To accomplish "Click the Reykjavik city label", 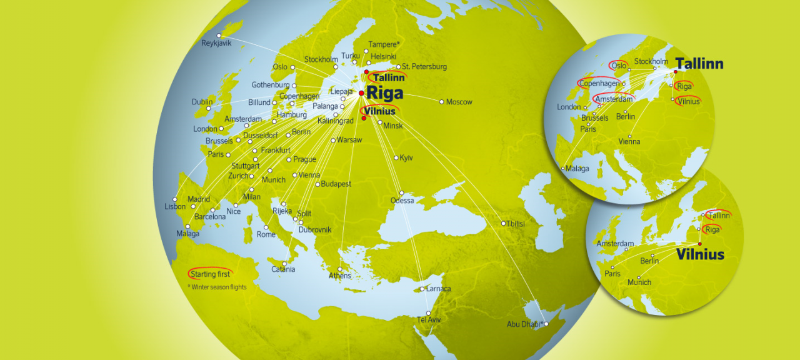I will click(216, 44).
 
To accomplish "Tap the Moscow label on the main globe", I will click(459, 102).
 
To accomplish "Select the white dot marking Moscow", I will click(441, 101).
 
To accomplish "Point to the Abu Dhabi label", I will click(525, 324).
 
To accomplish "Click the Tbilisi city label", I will click(516, 224).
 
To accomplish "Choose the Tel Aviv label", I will click(429, 320).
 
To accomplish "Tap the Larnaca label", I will click(438, 289).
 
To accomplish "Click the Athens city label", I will click(340, 276).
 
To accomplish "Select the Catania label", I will click(283, 269).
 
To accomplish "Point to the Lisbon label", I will click(175, 206).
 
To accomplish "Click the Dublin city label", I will click(202, 102).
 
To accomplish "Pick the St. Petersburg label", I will click(424, 66).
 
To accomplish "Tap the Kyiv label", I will click(406, 157).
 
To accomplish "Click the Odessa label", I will click(402, 201).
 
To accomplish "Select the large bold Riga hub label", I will click(385, 92).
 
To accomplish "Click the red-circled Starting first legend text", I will click(211, 274).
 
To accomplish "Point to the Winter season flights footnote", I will click(217, 287).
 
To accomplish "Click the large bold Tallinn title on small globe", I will click(699, 64).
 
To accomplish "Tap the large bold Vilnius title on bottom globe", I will click(700, 254).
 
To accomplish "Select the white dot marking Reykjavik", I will click(219, 35).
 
